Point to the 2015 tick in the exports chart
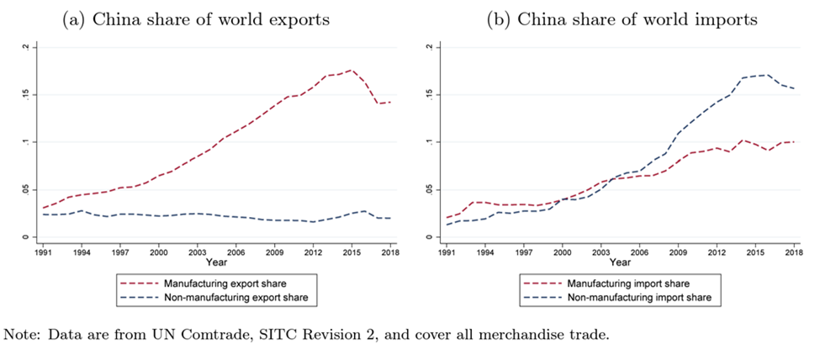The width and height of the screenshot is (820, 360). tap(351, 251)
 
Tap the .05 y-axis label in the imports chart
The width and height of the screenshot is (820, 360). tap(431, 190)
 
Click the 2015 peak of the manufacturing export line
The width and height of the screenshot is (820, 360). tap(351, 71)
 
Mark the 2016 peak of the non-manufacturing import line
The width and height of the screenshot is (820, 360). tap(762, 75)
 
